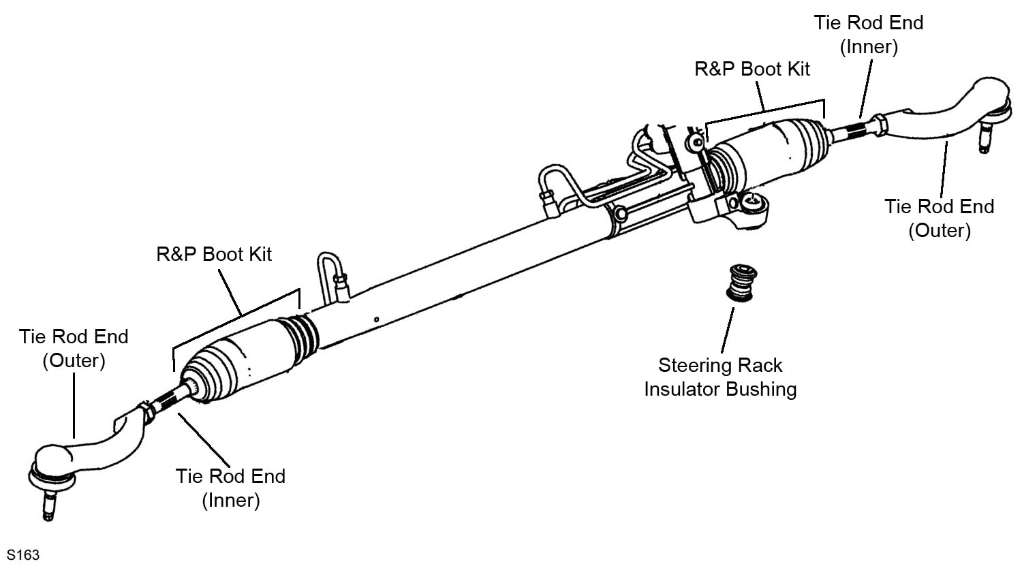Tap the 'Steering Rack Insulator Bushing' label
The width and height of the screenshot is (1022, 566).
click(720, 377)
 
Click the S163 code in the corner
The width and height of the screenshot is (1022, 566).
click(23, 555)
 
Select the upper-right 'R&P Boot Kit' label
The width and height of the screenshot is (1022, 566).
click(752, 69)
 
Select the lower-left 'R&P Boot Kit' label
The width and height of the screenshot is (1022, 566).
click(214, 254)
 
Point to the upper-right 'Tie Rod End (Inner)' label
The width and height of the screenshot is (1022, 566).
click(868, 34)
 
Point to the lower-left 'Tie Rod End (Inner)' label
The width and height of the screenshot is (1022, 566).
click(230, 488)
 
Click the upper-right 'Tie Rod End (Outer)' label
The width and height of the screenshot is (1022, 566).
click(939, 218)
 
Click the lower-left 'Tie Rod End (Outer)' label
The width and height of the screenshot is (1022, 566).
click(74, 348)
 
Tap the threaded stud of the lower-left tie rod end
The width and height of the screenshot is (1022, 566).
click(48, 504)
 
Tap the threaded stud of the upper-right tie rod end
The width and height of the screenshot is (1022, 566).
click(984, 140)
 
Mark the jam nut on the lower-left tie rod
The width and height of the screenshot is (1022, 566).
click(144, 411)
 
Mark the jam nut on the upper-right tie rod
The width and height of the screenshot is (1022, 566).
click(878, 124)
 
